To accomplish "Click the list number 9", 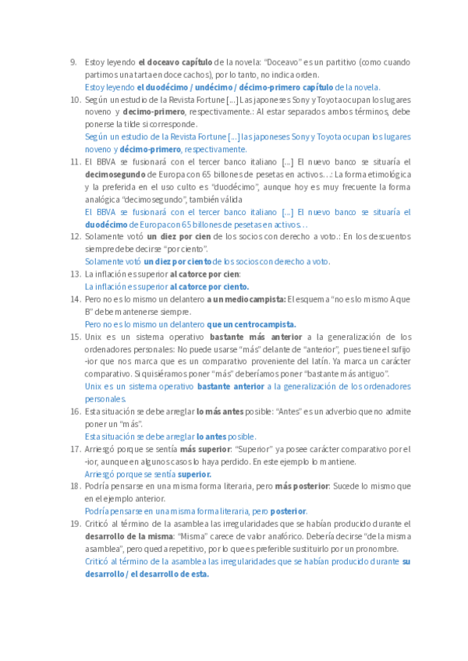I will point(73,62).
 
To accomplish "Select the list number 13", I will point(75,274).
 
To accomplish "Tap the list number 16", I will point(75,412).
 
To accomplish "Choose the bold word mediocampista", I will point(253,299).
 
